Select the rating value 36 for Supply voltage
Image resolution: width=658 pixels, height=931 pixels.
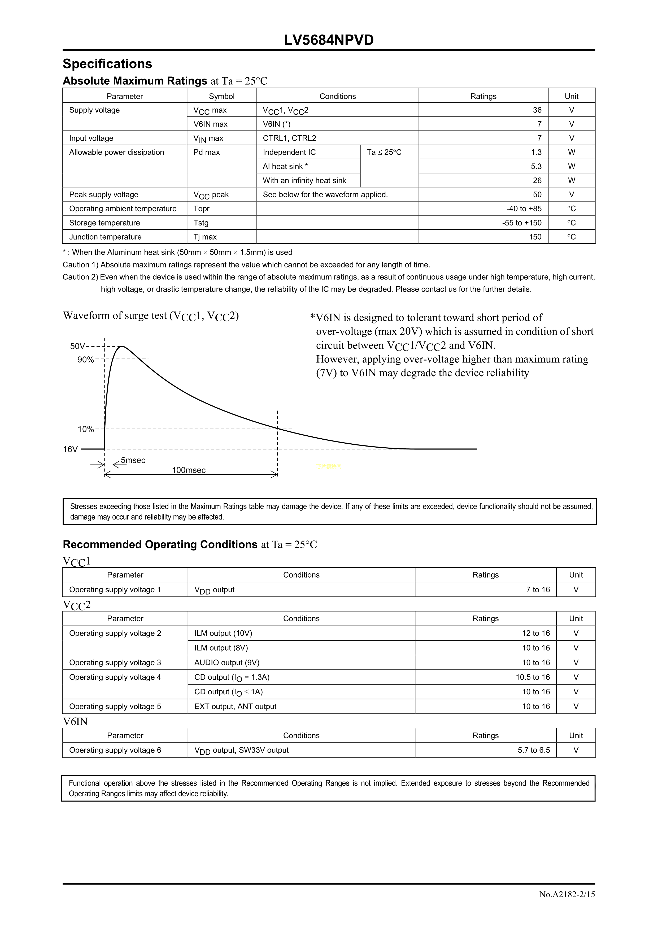(x=537, y=110)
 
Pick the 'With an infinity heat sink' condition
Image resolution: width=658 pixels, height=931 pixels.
(x=304, y=180)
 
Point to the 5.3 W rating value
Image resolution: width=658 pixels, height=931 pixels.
(x=536, y=166)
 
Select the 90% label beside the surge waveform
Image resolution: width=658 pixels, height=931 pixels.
(x=86, y=360)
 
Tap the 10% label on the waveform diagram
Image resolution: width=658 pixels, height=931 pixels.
(x=86, y=429)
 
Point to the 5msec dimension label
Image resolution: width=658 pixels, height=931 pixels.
(x=133, y=460)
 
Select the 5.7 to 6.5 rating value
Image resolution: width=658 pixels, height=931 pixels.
(x=534, y=750)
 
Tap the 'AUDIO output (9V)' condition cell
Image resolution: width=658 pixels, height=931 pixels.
(x=227, y=662)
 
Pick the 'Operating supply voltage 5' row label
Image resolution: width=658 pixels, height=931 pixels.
(x=115, y=706)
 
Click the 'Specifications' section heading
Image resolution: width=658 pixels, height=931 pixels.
(x=107, y=64)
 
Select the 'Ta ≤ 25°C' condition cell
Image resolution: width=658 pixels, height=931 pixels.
(x=384, y=153)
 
